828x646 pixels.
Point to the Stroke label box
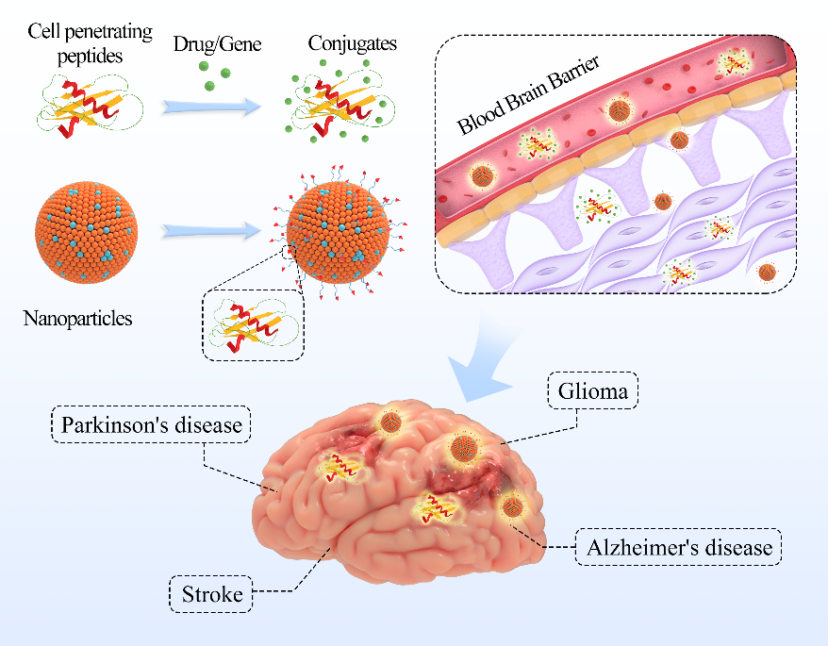point(211,595)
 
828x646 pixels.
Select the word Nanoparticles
point(77,318)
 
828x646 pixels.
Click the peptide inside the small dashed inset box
point(254,324)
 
